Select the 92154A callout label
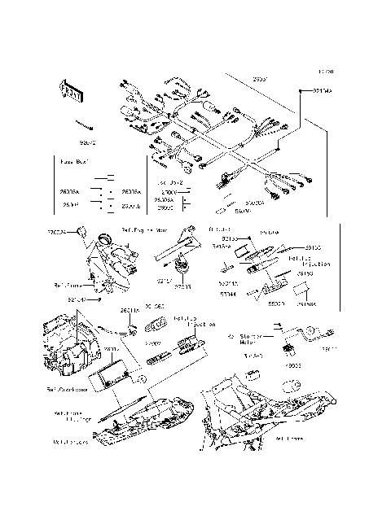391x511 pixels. tap(323, 91)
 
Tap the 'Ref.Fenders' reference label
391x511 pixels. tap(69, 443)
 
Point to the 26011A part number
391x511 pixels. tap(130, 311)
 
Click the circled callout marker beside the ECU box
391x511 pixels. tap(140, 378)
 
